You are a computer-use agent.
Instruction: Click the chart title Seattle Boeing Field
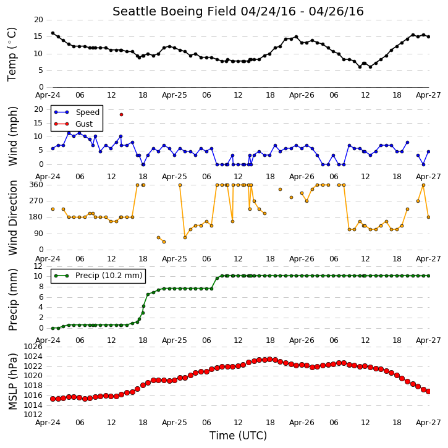174,11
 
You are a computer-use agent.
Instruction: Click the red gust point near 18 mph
122,114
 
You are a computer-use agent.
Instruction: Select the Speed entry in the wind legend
77,112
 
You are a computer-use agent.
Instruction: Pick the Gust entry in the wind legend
74,124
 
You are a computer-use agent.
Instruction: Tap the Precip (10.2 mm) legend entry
98,276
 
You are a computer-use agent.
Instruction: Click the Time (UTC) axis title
238,436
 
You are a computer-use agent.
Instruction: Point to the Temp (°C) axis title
12,54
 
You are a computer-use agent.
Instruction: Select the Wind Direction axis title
12,218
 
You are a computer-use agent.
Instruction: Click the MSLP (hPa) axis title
12,381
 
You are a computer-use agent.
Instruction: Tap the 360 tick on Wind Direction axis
36,185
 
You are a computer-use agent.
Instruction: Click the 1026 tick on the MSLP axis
33,347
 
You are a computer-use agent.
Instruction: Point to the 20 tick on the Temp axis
38,20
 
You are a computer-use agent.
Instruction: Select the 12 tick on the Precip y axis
38,266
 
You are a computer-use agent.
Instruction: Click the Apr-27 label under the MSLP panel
428,423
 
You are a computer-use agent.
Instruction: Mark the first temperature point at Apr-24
53,33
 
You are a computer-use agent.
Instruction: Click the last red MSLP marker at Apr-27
428,391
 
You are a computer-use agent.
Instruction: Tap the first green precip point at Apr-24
53,328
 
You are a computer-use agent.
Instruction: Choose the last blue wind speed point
428,152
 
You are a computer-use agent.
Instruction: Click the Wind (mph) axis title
12,137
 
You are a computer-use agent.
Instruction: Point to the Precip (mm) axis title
12,300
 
